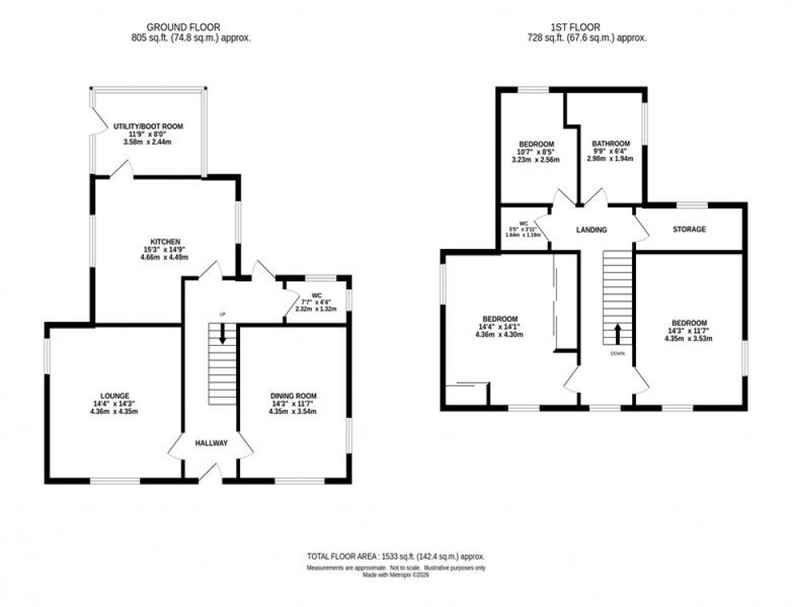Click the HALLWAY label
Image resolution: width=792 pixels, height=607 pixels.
click(x=211, y=443)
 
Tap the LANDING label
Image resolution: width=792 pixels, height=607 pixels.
click(x=591, y=230)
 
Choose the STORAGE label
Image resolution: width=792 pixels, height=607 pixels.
click(x=689, y=230)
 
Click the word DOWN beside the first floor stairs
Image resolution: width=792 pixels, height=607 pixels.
click(x=618, y=352)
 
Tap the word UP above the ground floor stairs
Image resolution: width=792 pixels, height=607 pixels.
click(x=220, y=314)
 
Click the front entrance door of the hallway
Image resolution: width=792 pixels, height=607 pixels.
click(x=210, y=477)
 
